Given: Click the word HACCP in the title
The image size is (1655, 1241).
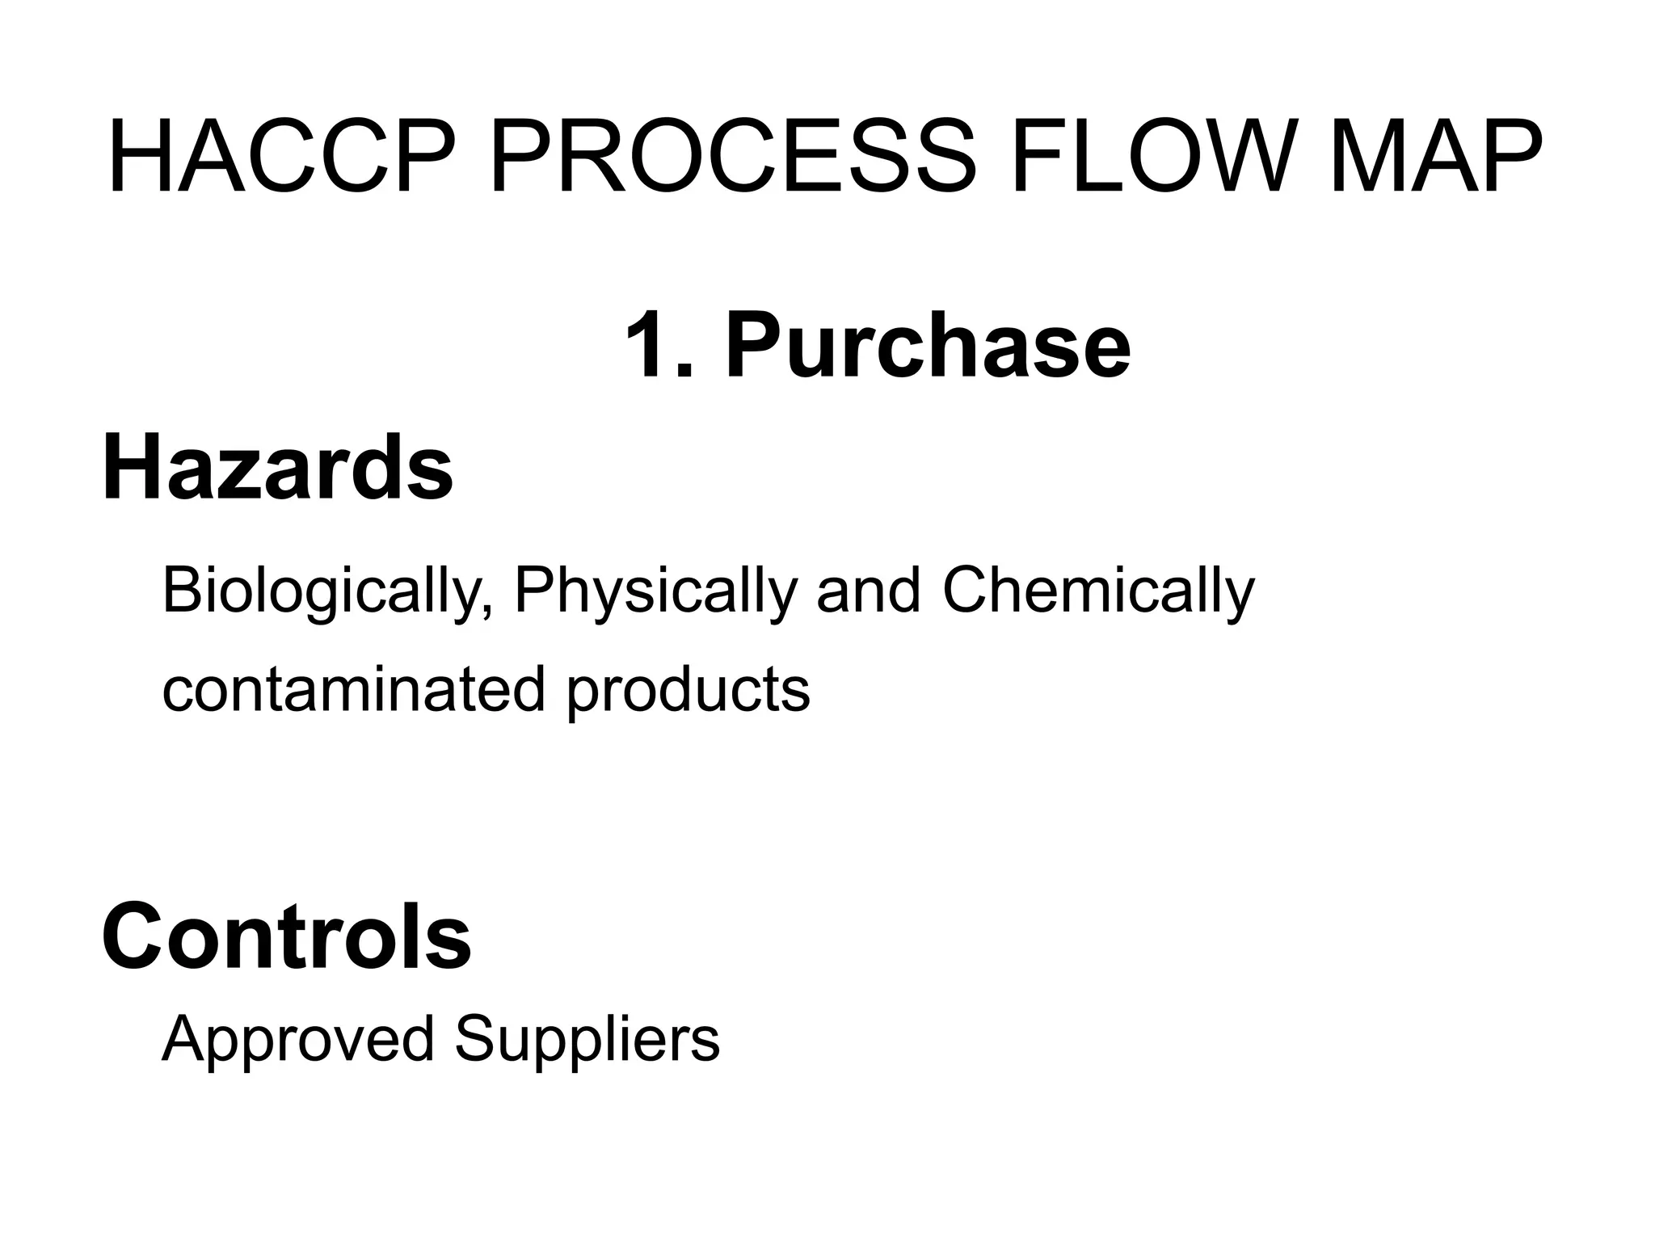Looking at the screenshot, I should (279, 158).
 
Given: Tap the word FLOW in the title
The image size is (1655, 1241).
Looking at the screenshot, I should (1148, 158).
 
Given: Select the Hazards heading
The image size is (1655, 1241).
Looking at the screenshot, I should (277, 468).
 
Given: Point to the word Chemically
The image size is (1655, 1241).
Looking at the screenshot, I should (1098, 592).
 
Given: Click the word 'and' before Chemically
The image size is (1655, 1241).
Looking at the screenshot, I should (869, 591).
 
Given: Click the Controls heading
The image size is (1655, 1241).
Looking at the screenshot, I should (286, 937).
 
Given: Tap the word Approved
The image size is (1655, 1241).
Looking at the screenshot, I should (298, 1041).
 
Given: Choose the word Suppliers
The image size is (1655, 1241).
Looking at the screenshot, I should (587, 1041).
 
